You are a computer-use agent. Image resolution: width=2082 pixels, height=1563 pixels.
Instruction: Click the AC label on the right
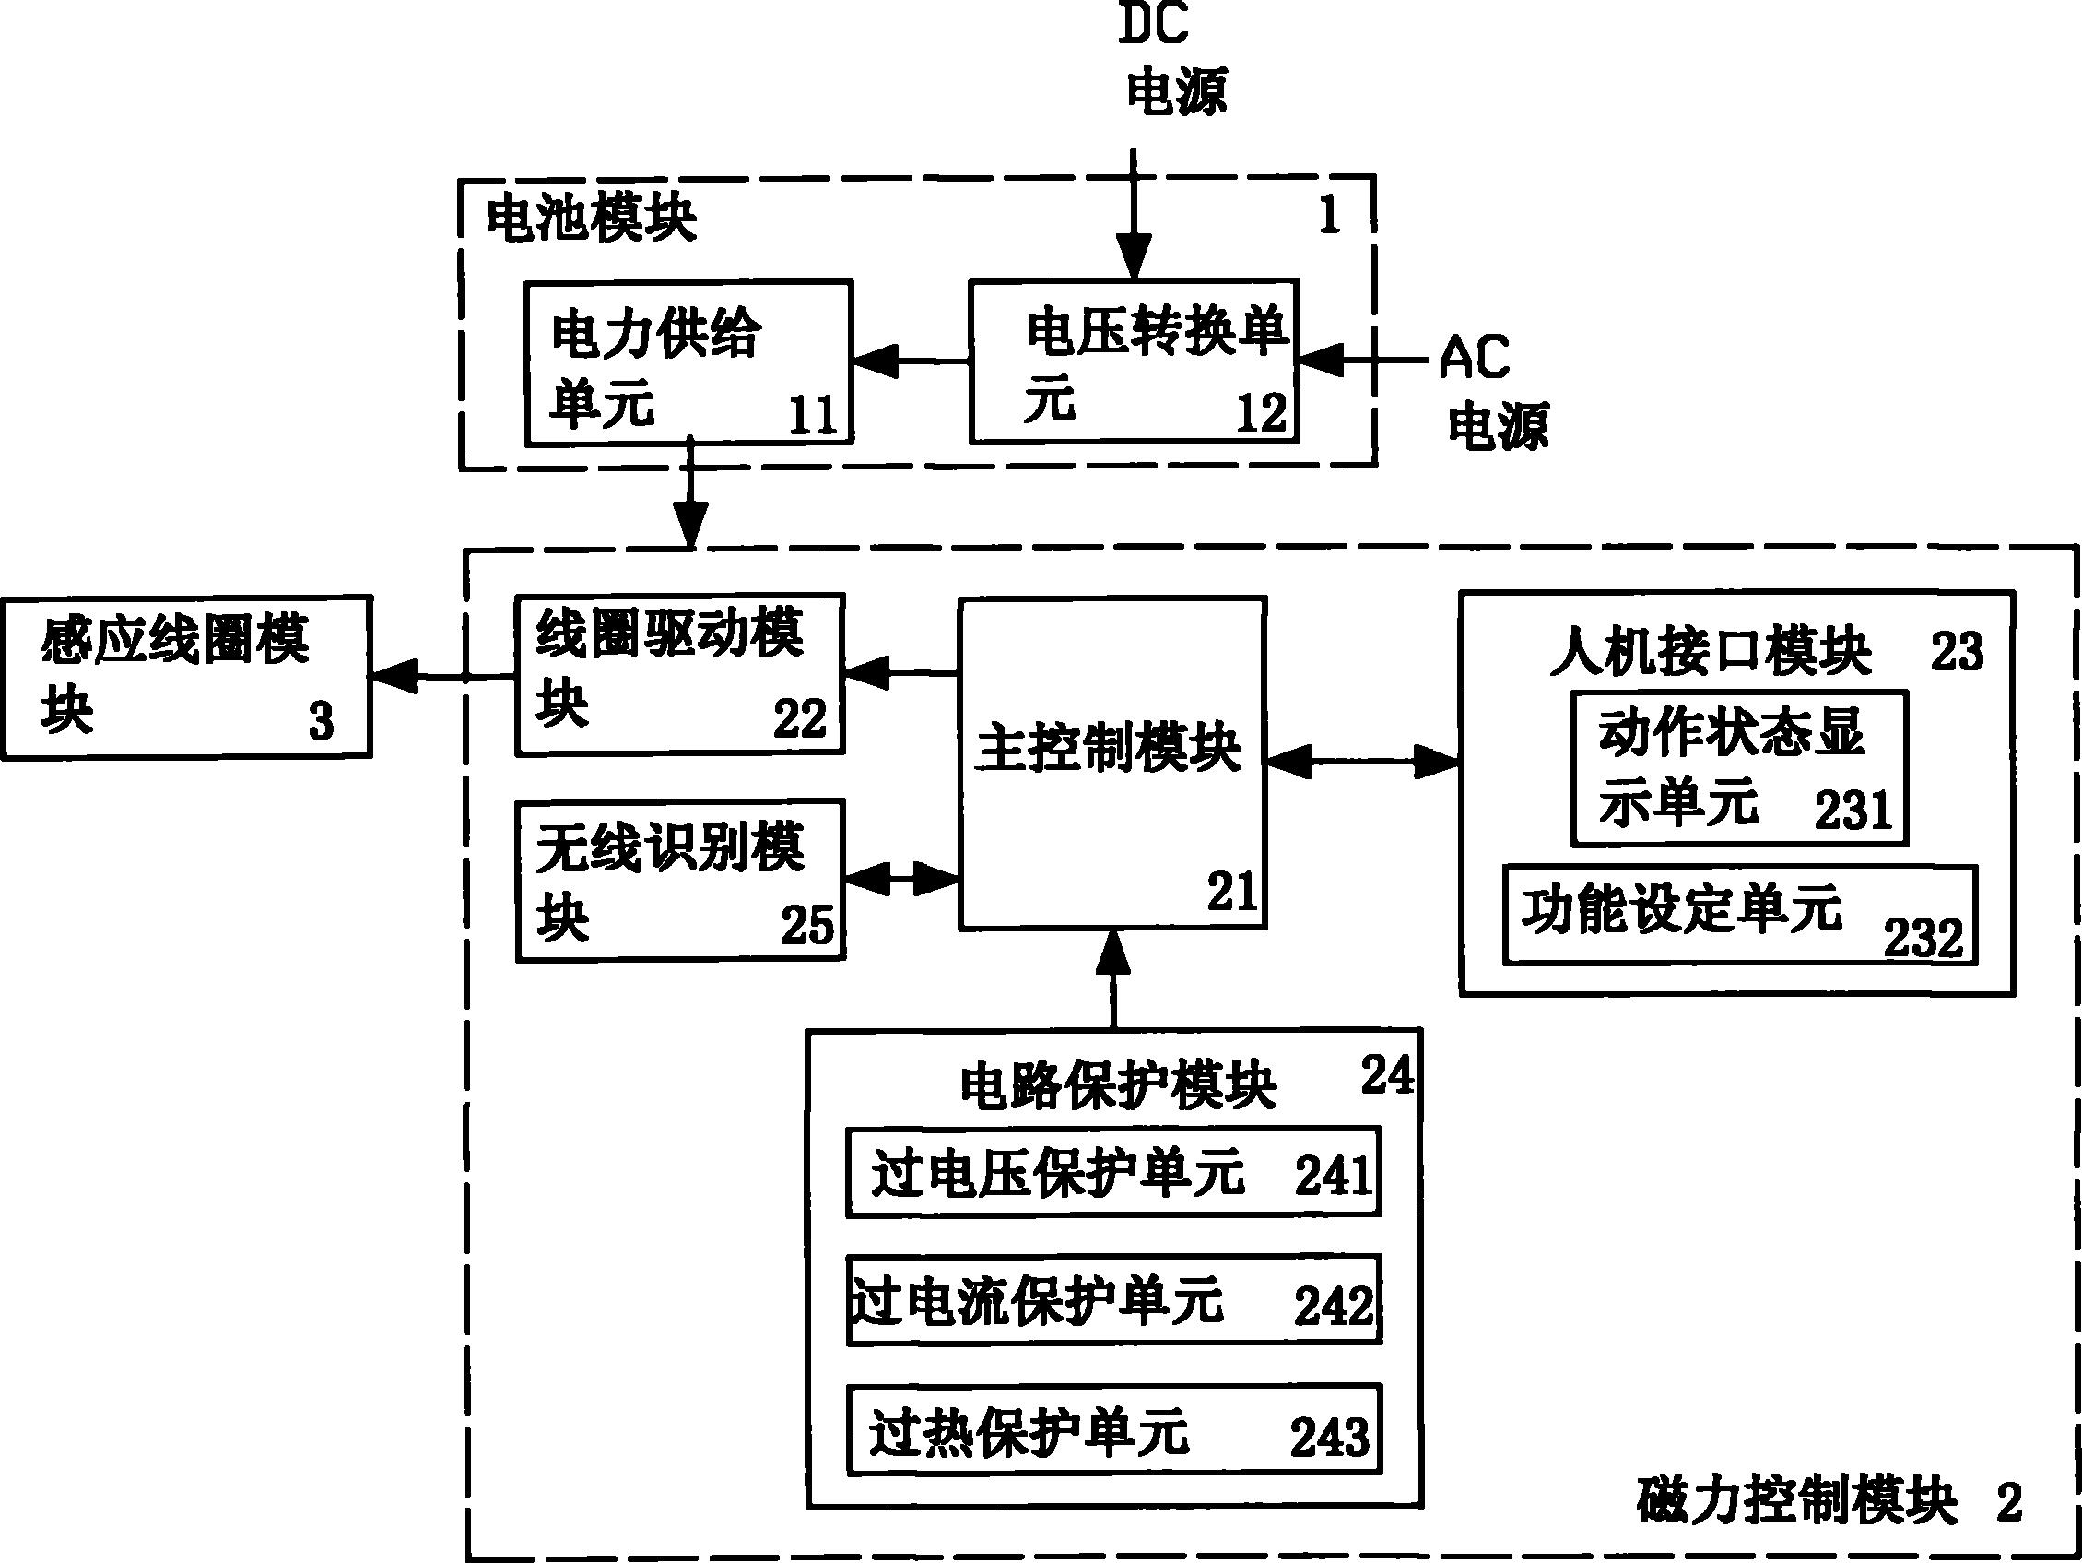(1474, 358)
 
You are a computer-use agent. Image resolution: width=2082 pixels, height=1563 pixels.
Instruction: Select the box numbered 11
(689, 361)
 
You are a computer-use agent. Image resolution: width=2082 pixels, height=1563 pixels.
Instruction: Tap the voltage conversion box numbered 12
(1135, 361)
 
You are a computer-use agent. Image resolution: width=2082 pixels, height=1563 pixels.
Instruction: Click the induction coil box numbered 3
(186, 677)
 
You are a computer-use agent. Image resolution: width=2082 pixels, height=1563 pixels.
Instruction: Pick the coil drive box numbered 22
(679, 674)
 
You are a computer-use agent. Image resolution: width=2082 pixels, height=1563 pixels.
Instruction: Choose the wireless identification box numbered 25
(680, 881)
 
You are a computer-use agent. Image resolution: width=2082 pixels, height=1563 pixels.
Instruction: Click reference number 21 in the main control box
(1232, 891)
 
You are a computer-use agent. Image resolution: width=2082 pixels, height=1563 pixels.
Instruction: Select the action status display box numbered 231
(1739, 768)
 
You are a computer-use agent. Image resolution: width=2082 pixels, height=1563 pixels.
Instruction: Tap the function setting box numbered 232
(1739, 915)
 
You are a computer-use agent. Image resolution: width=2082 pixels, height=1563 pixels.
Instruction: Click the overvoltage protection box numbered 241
(1113, 1172)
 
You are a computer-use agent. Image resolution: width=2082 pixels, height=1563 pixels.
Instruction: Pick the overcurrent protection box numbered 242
(1113, 1300)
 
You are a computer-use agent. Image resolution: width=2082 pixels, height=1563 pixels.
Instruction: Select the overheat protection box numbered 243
(1113, 1429)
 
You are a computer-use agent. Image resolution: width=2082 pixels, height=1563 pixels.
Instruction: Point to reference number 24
(1386, 1074)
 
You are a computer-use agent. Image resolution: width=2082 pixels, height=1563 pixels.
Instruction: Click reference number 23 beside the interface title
(1957, 651)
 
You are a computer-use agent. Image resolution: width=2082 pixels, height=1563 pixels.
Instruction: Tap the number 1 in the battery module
(1329, 216)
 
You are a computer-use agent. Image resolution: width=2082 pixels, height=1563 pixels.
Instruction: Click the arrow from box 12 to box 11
(912, 361)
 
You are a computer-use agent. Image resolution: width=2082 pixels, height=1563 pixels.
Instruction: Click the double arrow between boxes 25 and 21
(901, 880)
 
